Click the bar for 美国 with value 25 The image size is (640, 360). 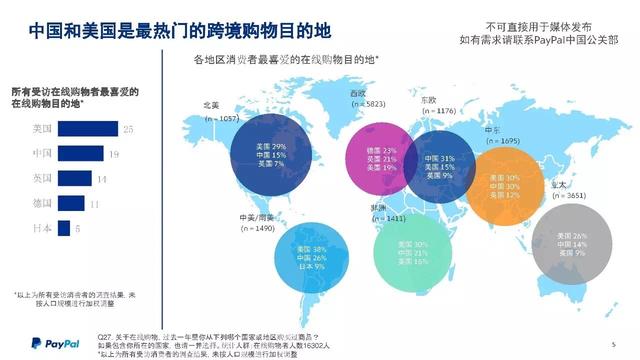[89, 128]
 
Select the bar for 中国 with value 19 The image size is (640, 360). [81, 153]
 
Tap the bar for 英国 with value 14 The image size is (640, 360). [75, 178]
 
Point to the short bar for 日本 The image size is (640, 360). [63, 228]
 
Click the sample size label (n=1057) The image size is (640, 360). [222, 119]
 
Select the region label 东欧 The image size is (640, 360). [427, 100]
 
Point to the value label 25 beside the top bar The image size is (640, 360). [128, 129]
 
